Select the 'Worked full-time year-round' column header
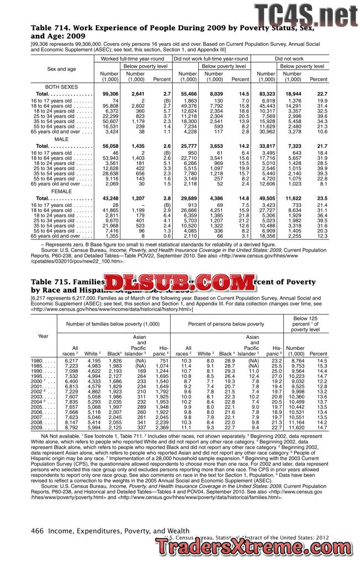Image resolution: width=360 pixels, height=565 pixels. (x=133, y=58)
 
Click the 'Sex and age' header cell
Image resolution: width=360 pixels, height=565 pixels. (x=61, y=69)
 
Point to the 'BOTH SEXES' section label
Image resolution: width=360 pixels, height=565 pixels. (x=61, y=87)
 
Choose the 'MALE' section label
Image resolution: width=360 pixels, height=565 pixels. (x=61, y=138)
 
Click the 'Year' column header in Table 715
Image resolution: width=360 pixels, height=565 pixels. (x=43, y=335)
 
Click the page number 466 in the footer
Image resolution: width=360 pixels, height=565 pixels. (x=38, y=531)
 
